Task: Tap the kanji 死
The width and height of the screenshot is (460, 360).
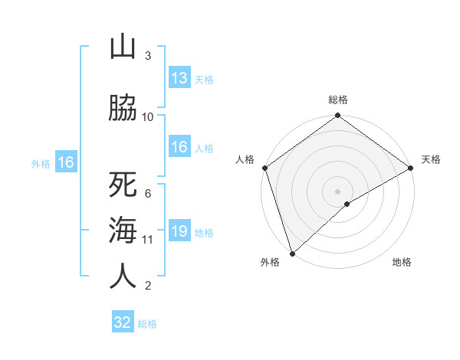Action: tap(123, 185)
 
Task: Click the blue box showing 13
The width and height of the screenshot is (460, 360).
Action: tap(179, 78)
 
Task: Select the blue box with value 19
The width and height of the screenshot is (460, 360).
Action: tap(179, 232)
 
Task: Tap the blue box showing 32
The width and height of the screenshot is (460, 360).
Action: tap(123, 322)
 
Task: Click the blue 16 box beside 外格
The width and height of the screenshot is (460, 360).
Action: tap(65, 162)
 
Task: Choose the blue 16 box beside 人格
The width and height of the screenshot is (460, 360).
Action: tap(179, 148)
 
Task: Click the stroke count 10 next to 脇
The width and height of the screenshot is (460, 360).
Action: tap(148, 116)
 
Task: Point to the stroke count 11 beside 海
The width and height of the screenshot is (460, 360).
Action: tap(148, 239)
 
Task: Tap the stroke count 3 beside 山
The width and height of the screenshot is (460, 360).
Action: tap(148, 55)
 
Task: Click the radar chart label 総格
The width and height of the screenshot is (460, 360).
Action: tap(338, 100)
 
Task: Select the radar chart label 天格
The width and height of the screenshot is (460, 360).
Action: tap(431, 159)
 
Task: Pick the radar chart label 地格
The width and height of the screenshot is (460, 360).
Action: tap(402, 263)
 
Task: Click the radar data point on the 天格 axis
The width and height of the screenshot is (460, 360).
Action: tap(411, 168)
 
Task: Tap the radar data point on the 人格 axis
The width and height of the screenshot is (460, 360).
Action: tap(264, 168)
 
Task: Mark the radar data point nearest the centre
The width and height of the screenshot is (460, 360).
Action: tap(347, 204)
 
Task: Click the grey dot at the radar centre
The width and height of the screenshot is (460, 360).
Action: tap(337, 191)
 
